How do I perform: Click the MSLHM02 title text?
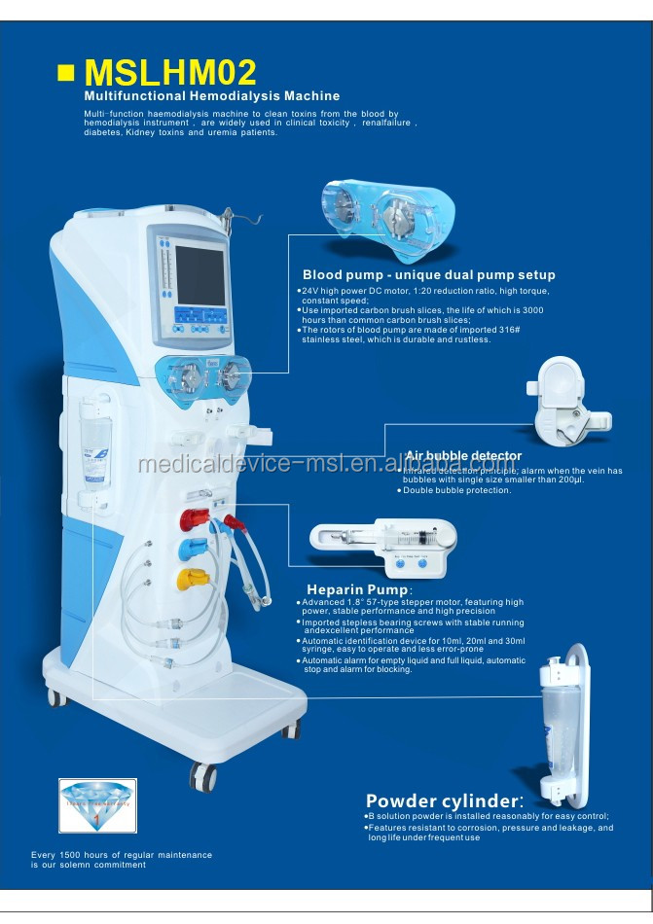click(x=170, y=73)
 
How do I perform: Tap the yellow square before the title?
click(x=67, y=74)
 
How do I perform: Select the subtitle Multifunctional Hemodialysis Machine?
click(x=211, y=96)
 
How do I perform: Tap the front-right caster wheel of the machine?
click(x=203, y=775)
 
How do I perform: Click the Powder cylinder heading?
click(x=444, y=800)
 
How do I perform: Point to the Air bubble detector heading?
click(x=463, y=455)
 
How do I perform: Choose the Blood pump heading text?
click(x=428, y=275)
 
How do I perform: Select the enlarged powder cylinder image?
click(x=563, y=726)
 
